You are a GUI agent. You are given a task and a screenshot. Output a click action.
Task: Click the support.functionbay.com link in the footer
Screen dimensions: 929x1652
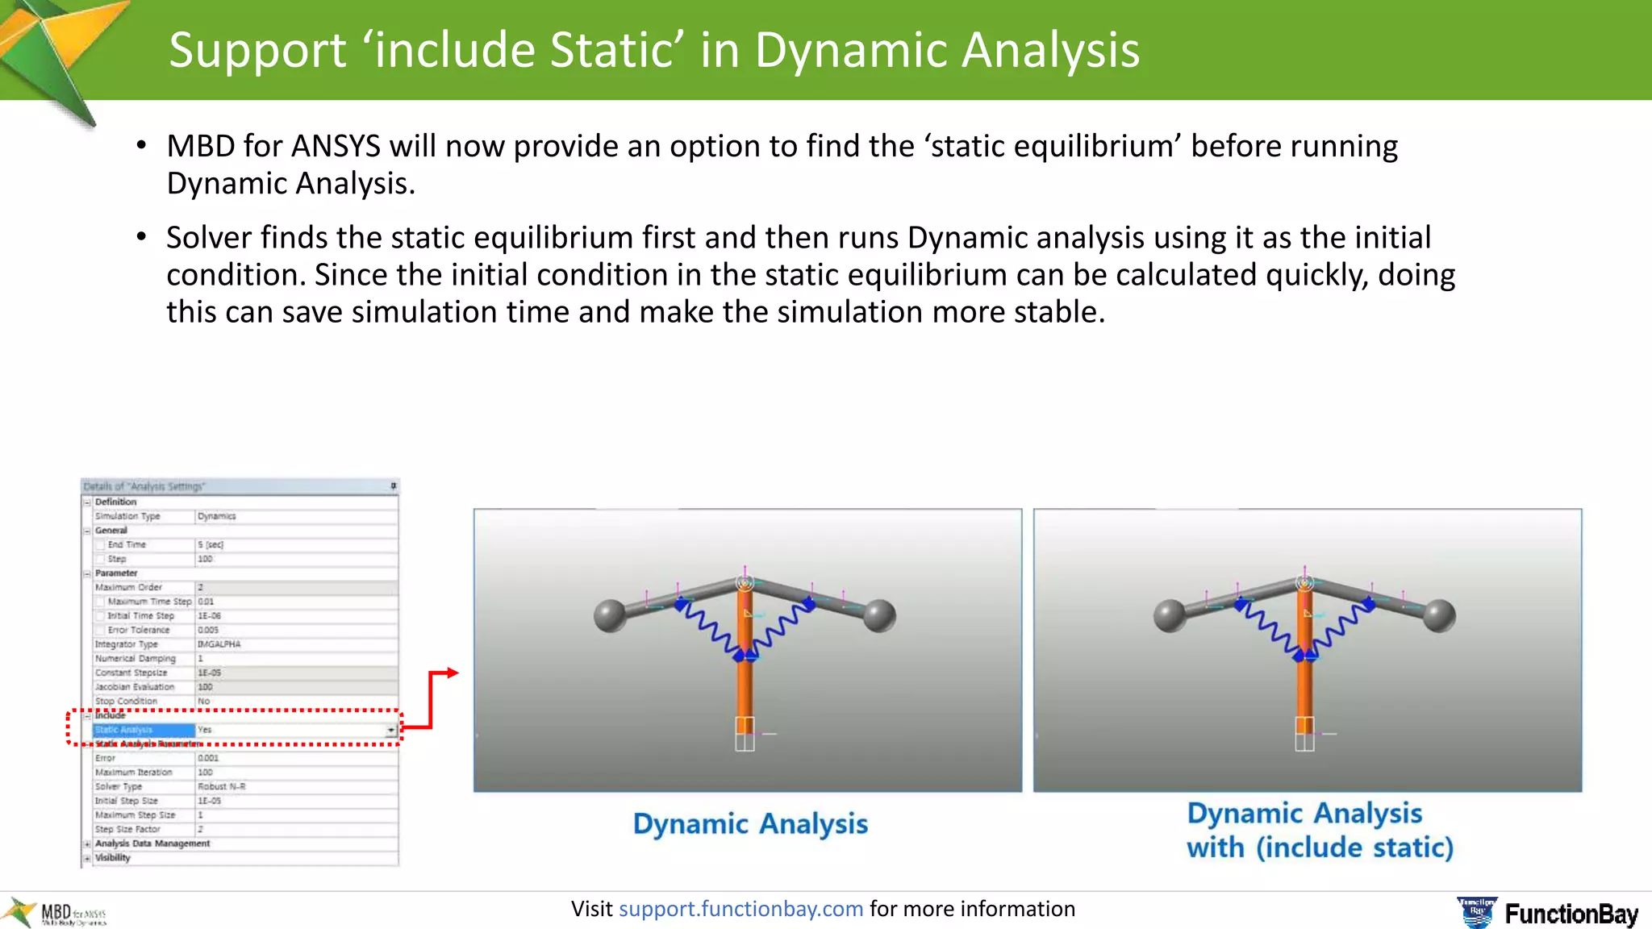click(x=740, y=909)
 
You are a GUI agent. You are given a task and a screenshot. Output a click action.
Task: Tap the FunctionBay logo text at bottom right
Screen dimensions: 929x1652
click(x=1571, y=914)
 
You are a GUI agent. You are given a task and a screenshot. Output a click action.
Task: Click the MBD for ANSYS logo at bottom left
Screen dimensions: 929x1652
click(x=56, y=914)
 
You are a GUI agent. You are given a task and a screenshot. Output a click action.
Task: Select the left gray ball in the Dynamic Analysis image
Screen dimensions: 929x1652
click(x=611, y=616)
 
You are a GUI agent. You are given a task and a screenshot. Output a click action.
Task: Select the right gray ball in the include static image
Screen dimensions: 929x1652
click(x=1439, y=615)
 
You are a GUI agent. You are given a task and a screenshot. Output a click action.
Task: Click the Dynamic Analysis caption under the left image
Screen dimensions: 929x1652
click(x=750, y=823)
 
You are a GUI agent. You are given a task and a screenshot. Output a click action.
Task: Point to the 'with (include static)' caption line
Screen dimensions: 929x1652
click(x=1320, y=848)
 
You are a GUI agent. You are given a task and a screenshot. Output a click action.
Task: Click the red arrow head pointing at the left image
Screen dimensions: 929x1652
click(x=453, y=673)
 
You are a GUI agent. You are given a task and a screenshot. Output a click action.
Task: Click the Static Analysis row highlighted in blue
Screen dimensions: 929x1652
click(x=141, y=730)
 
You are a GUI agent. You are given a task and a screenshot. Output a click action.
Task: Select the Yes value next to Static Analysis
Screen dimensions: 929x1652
click(x=206, y=730)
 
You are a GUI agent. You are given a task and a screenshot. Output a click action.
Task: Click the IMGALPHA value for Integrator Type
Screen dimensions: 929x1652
click(x=219, y=644)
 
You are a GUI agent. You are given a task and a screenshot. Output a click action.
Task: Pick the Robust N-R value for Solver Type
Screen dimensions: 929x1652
click(x=222, y=786)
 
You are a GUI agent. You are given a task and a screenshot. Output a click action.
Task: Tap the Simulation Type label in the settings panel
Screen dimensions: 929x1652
click(x=127, y=516)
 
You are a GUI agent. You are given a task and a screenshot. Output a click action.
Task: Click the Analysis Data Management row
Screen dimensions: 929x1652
click(x=152, y=844)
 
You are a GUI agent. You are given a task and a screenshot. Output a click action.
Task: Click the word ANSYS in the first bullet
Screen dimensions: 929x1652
click(x=336, y=147)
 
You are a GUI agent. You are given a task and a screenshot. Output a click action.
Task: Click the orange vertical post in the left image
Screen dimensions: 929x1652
click(x=744, y=685)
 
